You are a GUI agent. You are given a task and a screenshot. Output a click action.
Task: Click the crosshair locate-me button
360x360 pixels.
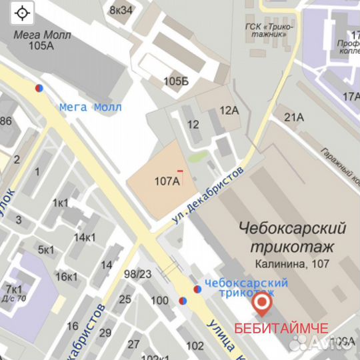click(x=23, y=13)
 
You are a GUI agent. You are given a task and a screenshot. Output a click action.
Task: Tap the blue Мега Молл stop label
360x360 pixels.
click(x=90, y=107)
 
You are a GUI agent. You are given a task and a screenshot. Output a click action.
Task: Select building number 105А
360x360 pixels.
click(x=41, y=45)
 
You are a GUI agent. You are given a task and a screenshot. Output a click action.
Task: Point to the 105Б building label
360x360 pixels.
click(x=176, y=81)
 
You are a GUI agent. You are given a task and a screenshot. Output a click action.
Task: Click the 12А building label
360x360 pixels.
click(x=229, y=110)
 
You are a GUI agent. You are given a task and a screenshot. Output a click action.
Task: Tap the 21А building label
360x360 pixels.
click(x=294, y=117)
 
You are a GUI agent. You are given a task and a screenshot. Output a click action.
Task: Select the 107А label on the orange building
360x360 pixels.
click(x=167, y=181)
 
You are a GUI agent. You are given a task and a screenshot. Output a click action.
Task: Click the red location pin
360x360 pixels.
click(x=263, y=305)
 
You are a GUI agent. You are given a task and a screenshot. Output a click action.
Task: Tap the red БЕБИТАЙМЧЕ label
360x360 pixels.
click(x=281, y=329)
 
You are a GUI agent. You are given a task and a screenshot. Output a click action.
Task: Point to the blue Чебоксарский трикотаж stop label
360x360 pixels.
click(x=246, y=287)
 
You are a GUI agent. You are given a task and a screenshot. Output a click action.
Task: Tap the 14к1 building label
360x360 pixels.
click(x=85, y=237)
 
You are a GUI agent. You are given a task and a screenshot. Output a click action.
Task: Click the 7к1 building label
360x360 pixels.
click(x=13, y=289)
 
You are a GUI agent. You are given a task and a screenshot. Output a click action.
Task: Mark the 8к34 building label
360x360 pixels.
click(x=121, y=9)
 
